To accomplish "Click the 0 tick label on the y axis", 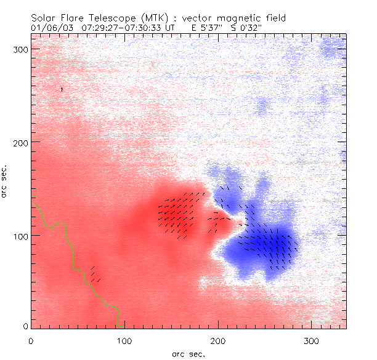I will [x=25, y=326].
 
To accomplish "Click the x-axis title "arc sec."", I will [x=188, y=353].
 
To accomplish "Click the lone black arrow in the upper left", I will [x=62, y=90].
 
